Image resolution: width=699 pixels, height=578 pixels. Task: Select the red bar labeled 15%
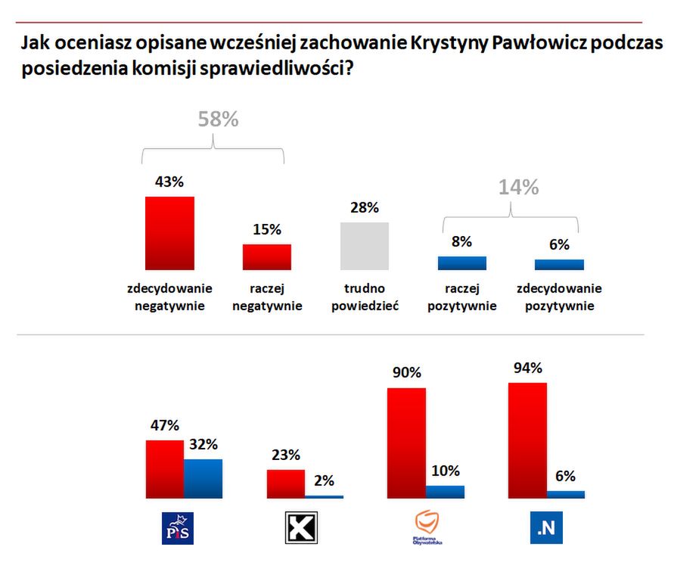tap(266, 257)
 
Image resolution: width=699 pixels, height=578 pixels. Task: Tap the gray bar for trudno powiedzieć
tap(364, 246)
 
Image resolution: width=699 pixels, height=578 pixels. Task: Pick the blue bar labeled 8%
tap(461, 263)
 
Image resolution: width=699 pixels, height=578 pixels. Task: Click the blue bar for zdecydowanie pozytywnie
tap(559, 265)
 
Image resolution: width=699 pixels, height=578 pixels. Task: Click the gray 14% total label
tap(518, 188)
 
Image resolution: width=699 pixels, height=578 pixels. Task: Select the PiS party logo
tap(179, 527)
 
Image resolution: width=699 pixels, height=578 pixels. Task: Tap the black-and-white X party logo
tap(300, 527)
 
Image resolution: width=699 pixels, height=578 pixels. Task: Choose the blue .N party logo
tap(545, 527)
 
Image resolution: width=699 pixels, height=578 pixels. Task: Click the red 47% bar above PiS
tap(165, 469)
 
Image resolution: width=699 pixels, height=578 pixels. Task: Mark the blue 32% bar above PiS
tap(203, 478)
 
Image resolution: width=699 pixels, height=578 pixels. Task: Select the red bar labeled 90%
tap(406, 443)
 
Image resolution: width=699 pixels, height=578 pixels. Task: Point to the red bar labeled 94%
tap(527, 440)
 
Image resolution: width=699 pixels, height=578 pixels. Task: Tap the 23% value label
tap(284, 455)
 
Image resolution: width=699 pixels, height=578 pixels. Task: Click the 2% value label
tap(324, 480)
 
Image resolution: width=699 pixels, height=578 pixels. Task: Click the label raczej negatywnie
tap(266, 297)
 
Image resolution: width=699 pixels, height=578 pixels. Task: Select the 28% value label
tap(364, 208)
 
